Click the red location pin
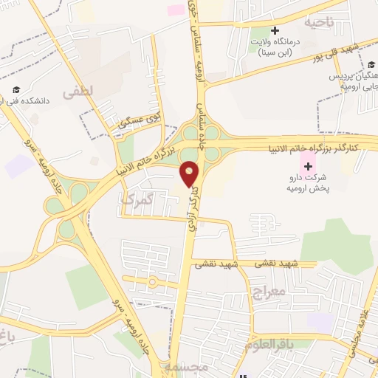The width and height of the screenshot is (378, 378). coord(190,173)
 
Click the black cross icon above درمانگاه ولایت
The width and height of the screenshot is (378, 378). coord(275,32)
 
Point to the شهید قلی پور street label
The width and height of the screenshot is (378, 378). coord(354,52)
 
